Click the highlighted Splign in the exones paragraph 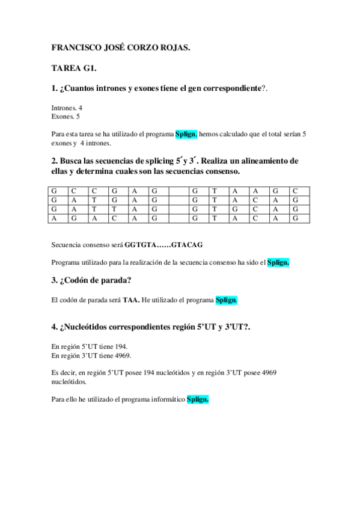186,135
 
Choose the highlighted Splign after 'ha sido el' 278,262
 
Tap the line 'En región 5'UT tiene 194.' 90,346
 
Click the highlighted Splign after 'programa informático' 198,399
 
